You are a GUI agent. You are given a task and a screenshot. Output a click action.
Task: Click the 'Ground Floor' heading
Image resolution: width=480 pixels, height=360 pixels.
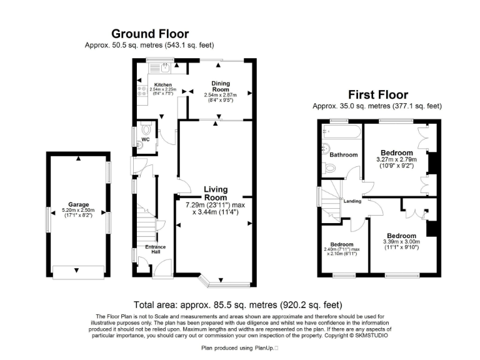pyautogui.click(x=149, y=34)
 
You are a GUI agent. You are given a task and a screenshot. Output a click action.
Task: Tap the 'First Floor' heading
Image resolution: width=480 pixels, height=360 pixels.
pyautogui.click(x=378, y=95)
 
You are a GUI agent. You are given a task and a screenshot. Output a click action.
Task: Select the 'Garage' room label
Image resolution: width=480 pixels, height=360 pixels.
pyautogui.click(x=79, y=204)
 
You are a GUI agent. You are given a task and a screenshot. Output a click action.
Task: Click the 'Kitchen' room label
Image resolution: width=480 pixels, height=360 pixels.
pyautogui.click(x=163, y=84)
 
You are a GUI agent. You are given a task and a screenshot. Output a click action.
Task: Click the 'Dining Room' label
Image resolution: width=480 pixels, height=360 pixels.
pyautogui.click(x=220, y=86)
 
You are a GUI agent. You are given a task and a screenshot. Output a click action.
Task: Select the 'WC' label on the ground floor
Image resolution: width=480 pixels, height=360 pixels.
pyautogui.click(x=145, y=139)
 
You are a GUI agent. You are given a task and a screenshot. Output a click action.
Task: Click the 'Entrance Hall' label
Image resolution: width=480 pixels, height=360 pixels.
pyautogui.click(x=155, y=250)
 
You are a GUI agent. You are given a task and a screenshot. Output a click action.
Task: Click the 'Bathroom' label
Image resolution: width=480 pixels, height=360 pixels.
pyautogui.click(x=344, y=155)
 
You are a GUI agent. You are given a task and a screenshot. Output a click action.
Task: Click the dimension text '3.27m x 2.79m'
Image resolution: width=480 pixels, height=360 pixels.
pyautogui.click(x=397, y=160)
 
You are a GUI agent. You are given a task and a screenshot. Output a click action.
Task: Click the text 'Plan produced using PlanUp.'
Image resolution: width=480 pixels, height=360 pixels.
pyautogui.click(x=239, y=347)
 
